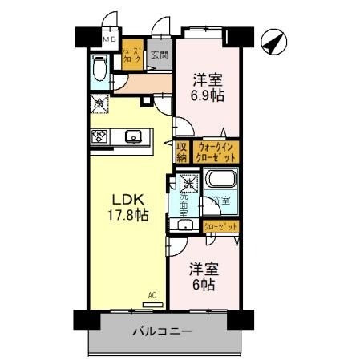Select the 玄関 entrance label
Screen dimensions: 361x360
click(160, 55)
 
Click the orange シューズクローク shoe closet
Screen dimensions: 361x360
click(131, 54)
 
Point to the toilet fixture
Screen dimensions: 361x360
click(99, 70)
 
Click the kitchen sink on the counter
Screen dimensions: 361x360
click(134, 136)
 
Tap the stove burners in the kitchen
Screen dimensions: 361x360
click(99, 136)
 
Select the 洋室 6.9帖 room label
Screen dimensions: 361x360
click(207, 87)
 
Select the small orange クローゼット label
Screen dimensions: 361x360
click(220, 227)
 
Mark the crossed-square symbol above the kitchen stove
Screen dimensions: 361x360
click(99, 103)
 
